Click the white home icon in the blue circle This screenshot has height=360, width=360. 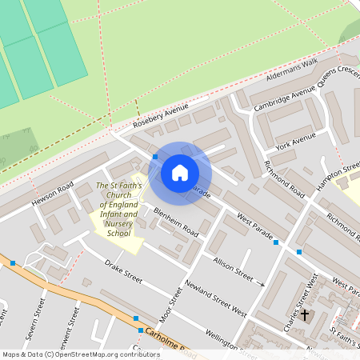179,172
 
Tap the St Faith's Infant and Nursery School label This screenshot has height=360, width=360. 118,210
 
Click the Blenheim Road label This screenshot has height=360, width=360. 176,222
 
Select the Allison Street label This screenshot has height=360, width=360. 233,266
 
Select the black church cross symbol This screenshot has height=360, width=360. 304,314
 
